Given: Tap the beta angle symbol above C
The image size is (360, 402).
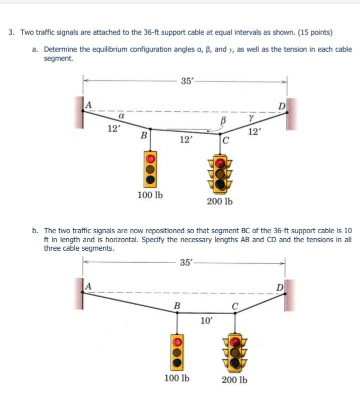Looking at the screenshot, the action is [223, 120].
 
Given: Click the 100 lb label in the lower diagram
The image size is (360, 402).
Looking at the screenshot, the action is [177, 378].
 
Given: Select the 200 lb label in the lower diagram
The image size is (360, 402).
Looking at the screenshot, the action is [234, 380].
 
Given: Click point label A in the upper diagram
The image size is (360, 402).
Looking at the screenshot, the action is [88, 104].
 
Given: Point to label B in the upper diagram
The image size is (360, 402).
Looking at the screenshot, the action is [144, 134].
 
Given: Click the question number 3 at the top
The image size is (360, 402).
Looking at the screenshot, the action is [11, 32].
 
